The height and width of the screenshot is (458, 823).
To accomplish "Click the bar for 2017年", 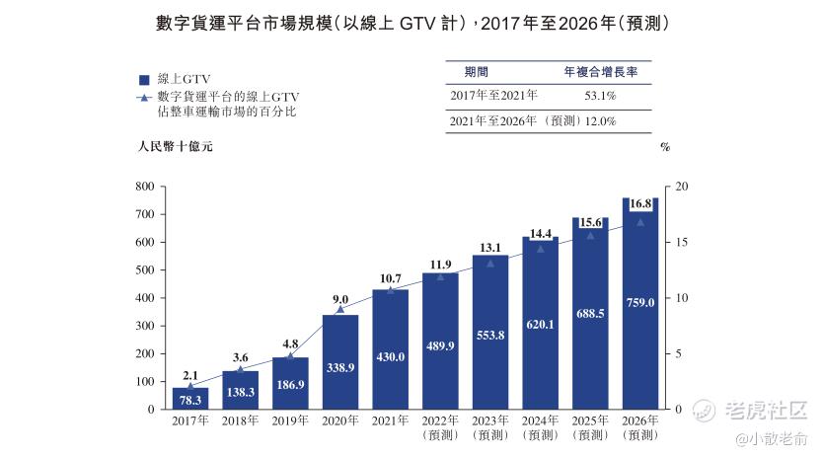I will (190, 398).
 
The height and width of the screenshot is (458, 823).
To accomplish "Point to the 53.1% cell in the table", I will (601, 96).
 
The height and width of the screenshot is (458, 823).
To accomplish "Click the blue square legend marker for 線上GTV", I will (145, 79).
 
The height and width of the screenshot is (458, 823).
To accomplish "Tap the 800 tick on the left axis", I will (144, 187).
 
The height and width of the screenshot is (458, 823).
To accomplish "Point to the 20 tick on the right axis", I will (681, 187).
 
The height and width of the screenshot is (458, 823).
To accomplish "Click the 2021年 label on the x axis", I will (390, 420).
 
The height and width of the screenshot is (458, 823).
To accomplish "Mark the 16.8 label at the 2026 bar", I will (640, 204).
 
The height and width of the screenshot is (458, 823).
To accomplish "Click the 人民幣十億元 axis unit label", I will (175, 147).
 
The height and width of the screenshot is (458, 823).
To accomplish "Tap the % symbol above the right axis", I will (666, 147).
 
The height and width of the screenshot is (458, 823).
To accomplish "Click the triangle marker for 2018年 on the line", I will (241, 369).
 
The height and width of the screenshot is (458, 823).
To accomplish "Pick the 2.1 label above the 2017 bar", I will (190, 374).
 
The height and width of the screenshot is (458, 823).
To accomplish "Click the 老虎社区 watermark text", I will (766, 408).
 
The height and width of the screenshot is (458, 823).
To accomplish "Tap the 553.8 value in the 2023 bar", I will (490, 336).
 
